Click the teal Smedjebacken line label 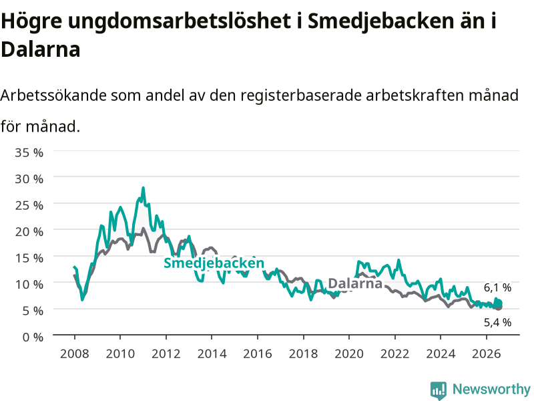pos(214,263)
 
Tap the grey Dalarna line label pos(355,283)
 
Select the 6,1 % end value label pos(497,287)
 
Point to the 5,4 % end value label pos(497,322)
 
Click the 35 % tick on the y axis pos(29,152)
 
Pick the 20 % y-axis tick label pos(29,232)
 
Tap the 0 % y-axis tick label pos(33,338)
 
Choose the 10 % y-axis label pos(29,285)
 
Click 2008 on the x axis pos(75,354)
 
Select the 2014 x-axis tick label pos(212,354)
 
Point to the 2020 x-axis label pos(349,354)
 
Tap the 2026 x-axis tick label pos(487,354)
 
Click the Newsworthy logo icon pos(439,390)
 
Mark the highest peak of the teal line pos(144,188)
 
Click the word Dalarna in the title pos(41,49)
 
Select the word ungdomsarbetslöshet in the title pos(180,21)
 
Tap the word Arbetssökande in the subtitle pos(53,95)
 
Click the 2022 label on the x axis pos(394,354)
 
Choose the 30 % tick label pos(29,179)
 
